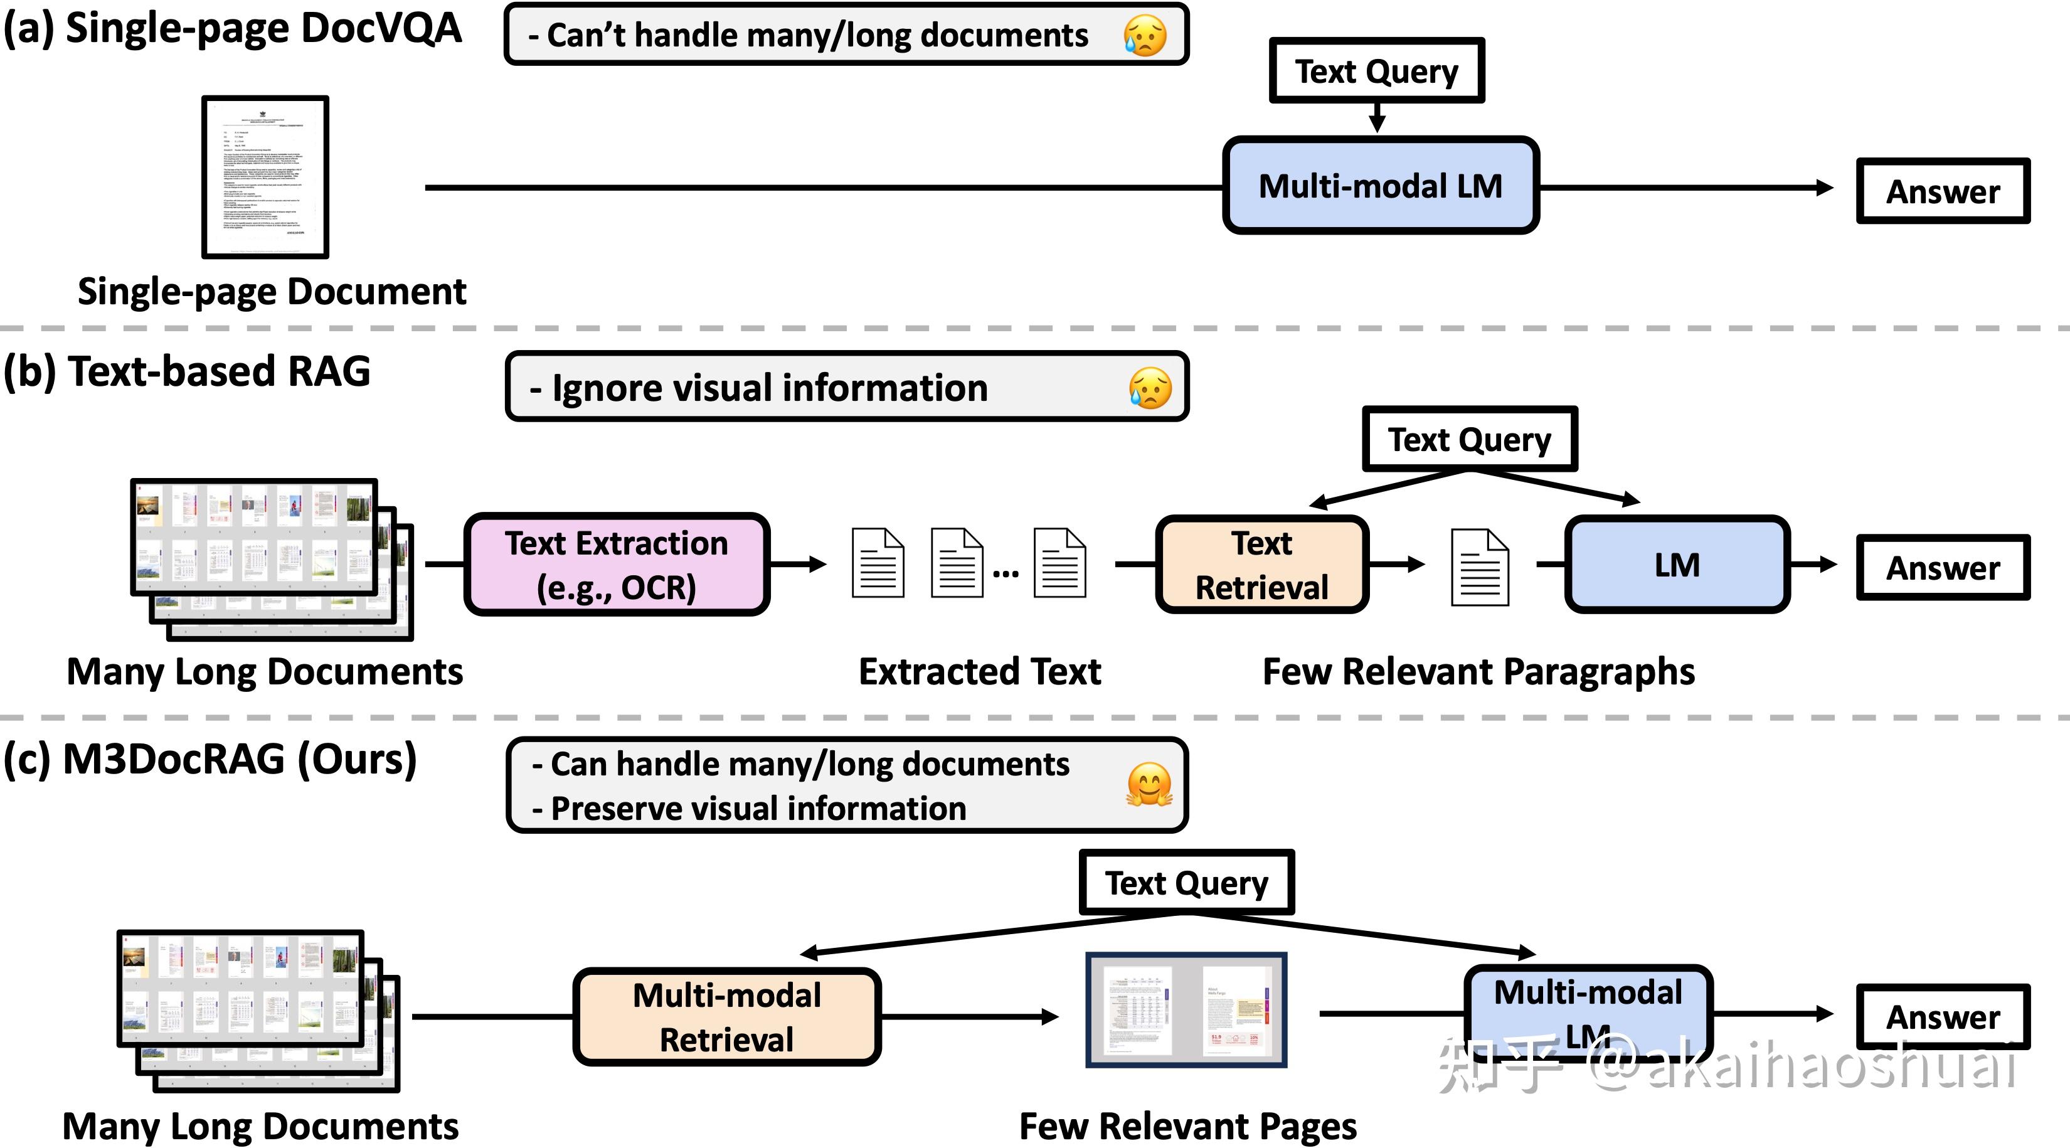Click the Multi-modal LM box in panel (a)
(1380, 186)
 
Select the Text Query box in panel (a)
(1376, 71)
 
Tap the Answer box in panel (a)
(1942, 191)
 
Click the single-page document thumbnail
(265, 177)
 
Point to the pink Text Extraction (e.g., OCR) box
(617, 565)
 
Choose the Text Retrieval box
(1261, 565)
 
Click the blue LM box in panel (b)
(1677, 565)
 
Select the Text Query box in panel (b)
(1470, 438)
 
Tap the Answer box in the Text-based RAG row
(1942, 568)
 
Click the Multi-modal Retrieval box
(726, 1017)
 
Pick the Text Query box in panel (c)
(1186, 882)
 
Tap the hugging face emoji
(1149, 784)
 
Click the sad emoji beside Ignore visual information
(1149, 388)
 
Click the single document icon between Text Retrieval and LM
(1479, 567)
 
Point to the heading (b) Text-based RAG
(186, 372)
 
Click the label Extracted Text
(980, 672)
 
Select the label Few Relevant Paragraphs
(1478, 672)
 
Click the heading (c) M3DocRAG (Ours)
(211, 759)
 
